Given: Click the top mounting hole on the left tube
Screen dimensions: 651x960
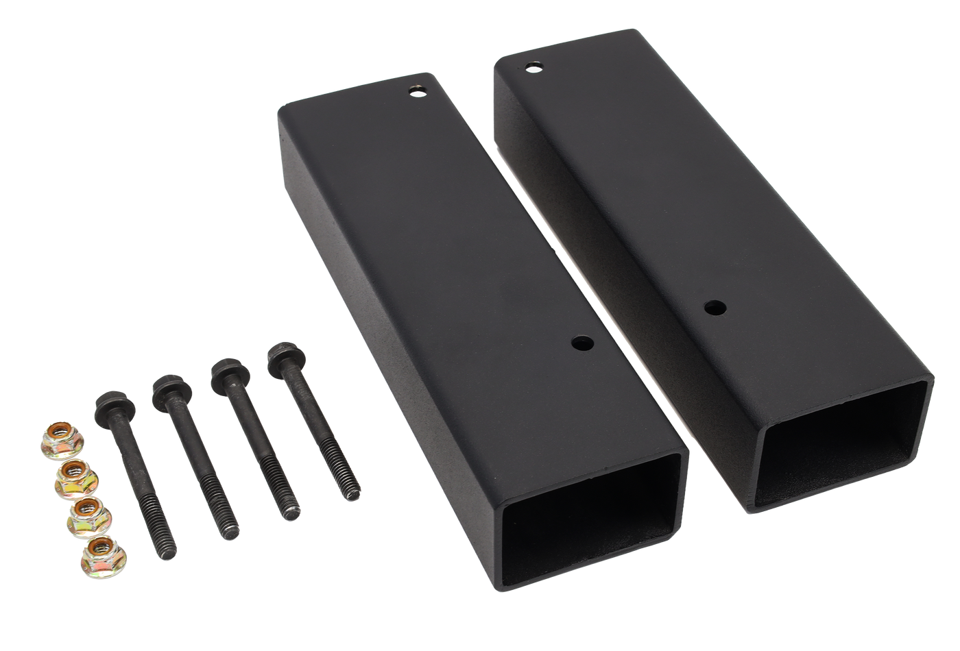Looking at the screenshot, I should pyautogui.click(x=416, y=91).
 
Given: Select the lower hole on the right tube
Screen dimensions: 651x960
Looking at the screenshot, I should pyautogui.click(x=716, y=307).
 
